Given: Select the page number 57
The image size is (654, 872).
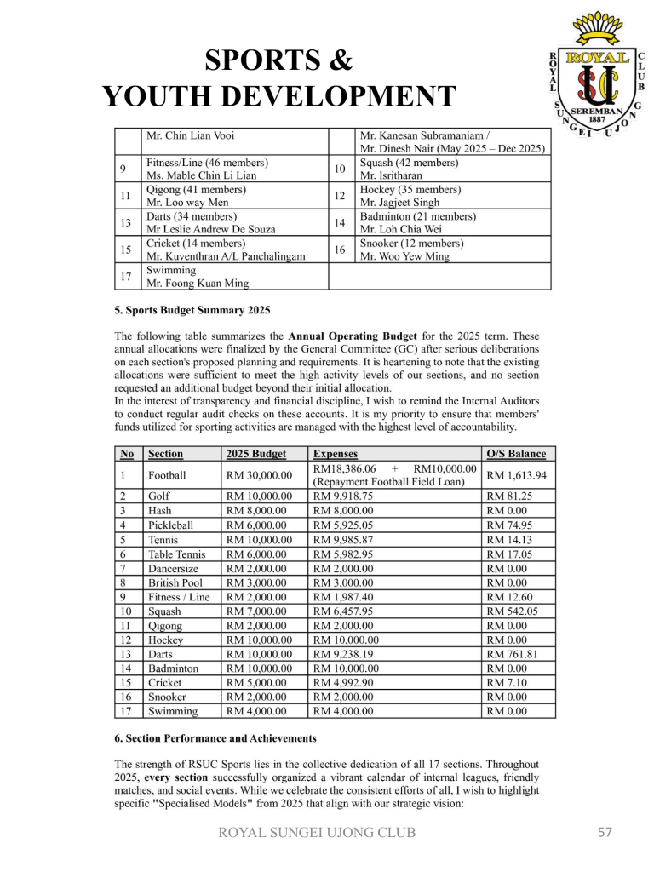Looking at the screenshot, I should point(605,832).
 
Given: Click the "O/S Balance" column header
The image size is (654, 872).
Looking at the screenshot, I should point(515,455).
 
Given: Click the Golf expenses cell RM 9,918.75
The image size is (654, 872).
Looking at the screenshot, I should point(343,496).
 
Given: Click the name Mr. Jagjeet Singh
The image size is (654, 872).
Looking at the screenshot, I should point(400,203).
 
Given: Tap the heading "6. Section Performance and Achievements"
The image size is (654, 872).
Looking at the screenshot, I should point(215,737).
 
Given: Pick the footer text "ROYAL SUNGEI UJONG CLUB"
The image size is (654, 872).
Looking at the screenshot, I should point(316,832).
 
